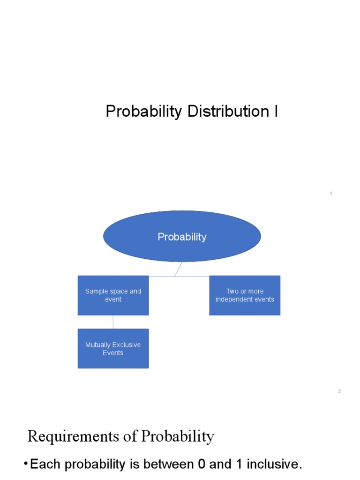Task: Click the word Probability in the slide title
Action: coord(143,112)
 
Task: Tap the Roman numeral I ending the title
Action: coord(276,112)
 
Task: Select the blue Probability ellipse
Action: coord(182,236)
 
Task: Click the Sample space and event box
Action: coord(113,295)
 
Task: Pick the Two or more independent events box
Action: coord(245,295)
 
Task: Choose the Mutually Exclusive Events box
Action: coord(113,349)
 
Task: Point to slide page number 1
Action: coord(331,193)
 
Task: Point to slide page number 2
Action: coord(339,391)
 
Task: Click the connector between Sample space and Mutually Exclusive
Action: coord(113,322)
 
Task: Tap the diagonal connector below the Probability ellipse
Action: coord(178,269)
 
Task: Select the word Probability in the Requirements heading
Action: coord(178,436)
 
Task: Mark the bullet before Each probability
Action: coord(25,464)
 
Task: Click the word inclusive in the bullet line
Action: coord(274,465)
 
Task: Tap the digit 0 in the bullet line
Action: coord(202,465)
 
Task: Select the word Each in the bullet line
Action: coord(45,465)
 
